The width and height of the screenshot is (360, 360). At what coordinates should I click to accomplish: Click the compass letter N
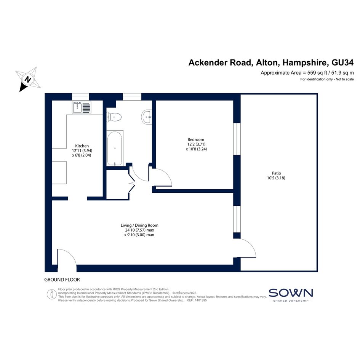28,80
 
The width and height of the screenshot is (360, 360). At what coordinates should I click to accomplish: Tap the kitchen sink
82,107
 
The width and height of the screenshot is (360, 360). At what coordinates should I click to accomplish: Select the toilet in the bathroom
114,117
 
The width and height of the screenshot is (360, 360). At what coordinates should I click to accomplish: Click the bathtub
115,148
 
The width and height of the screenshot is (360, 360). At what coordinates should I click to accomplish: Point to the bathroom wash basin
147,117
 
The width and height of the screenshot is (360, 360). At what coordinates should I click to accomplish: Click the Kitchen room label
82,146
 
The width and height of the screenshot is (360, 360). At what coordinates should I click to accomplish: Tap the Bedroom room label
196,139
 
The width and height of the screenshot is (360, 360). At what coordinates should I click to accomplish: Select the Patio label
277,173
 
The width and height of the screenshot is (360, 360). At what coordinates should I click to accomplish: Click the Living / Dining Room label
139,225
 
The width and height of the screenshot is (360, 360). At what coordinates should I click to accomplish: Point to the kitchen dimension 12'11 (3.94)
82,150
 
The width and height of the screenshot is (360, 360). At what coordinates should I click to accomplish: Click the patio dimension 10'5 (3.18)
276,178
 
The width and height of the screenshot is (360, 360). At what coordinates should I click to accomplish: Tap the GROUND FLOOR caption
62,280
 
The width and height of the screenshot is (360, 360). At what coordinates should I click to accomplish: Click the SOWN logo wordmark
291,293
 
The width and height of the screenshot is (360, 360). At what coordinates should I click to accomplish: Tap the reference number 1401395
201,300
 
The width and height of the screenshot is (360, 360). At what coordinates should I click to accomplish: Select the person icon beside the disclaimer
52,294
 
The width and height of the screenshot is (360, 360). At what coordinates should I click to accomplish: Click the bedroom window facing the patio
237,139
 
